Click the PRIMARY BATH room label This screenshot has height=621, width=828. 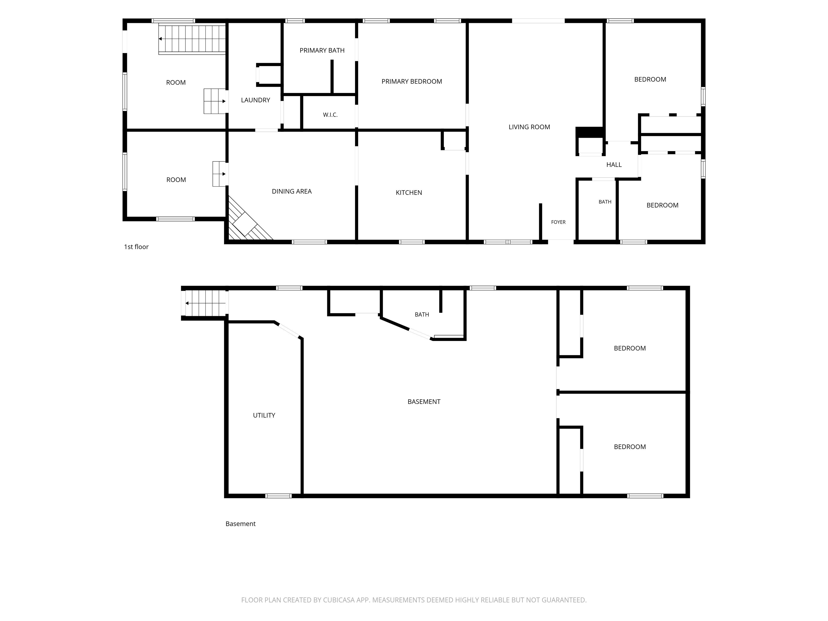coord(322,50)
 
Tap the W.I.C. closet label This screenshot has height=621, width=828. coord(330,115)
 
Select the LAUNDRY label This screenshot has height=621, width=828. coord(255,100)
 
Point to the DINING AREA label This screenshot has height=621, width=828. coord(292,191)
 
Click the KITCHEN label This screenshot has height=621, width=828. coord(409,192)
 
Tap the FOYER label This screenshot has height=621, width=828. coord(558,222)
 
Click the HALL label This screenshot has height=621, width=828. coord(614,165)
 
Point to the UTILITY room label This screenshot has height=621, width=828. coord(264,415)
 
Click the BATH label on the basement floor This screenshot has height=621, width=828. coord(422,315)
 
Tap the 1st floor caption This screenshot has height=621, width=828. coord(136,247)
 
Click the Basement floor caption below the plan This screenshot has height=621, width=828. coord(240,524)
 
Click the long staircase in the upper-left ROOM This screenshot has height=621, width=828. coord(192,39)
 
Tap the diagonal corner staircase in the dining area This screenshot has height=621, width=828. coord(249,219)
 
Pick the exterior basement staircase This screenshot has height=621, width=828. coord(205,303)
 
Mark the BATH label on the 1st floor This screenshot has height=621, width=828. coord(605,202)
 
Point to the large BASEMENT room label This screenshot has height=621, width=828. coord(424,402)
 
